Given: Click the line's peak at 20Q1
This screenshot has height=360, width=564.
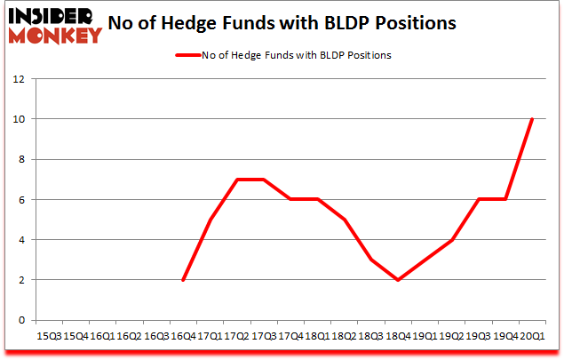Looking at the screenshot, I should pos(533,119).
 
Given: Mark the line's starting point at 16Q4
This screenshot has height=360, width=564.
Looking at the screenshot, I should pos(183,279).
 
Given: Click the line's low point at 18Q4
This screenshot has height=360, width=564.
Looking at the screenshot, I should pos(399,279).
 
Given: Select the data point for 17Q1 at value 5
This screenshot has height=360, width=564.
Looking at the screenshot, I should pos(210,220).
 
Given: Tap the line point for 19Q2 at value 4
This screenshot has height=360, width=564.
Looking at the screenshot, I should pos(452,239).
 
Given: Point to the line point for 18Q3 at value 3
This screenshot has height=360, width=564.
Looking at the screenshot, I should pos(371,260).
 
